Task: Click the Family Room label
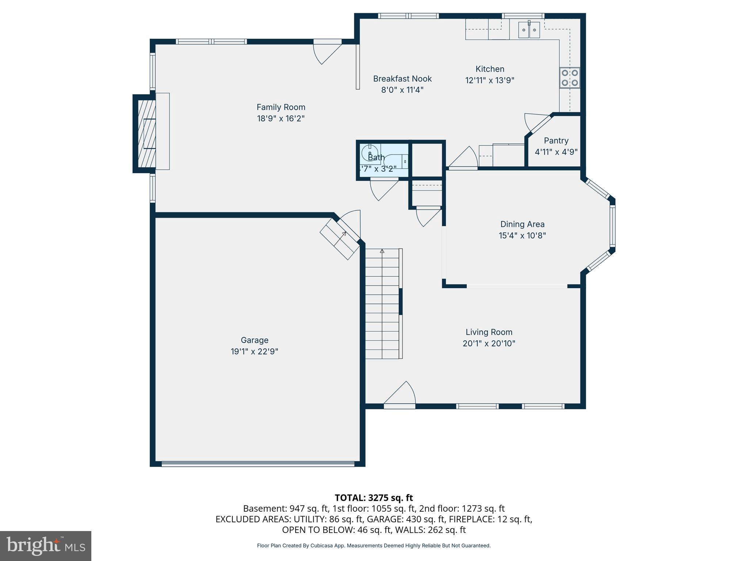tap(280, 107)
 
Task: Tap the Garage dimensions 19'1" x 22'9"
tap(254, 351)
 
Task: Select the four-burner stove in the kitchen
tap(570, 78)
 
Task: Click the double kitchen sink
tap(529, 30)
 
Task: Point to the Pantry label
tap(556, 141)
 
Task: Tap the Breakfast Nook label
tap(402, 79)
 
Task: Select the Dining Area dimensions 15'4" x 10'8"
tap(522, 236)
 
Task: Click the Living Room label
tap(489, 332)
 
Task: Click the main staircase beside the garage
tap(382, 303)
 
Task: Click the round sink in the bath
tap(369, 152)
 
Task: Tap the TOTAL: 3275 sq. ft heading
tap(374, 498)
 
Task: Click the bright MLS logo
tap(45, 546)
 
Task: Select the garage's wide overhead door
tap(257, 464)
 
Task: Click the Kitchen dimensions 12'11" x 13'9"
tap(489, 80)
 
